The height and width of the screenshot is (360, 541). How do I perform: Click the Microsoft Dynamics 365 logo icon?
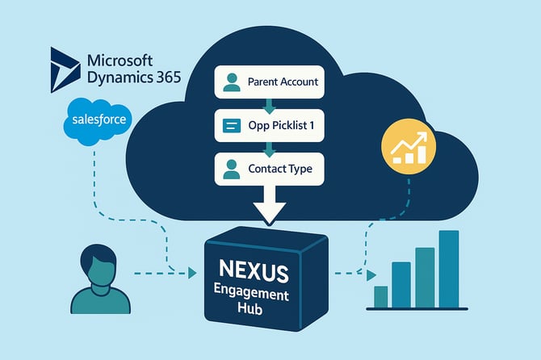pyautogui.click(x=64, y=71)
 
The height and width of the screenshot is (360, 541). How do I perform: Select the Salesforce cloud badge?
pyautogui.click(x=96, y=120)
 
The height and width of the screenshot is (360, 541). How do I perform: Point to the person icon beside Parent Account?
pyautogui.click(x=232, y=82)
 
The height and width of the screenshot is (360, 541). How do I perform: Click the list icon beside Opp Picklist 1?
pyautogui.click(x=232, y=126)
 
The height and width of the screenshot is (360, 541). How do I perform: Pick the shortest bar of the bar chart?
pyautogui.click(x=380, y=296)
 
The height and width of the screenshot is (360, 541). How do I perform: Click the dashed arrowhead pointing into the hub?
pyautogui.click(x=192, y=274)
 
